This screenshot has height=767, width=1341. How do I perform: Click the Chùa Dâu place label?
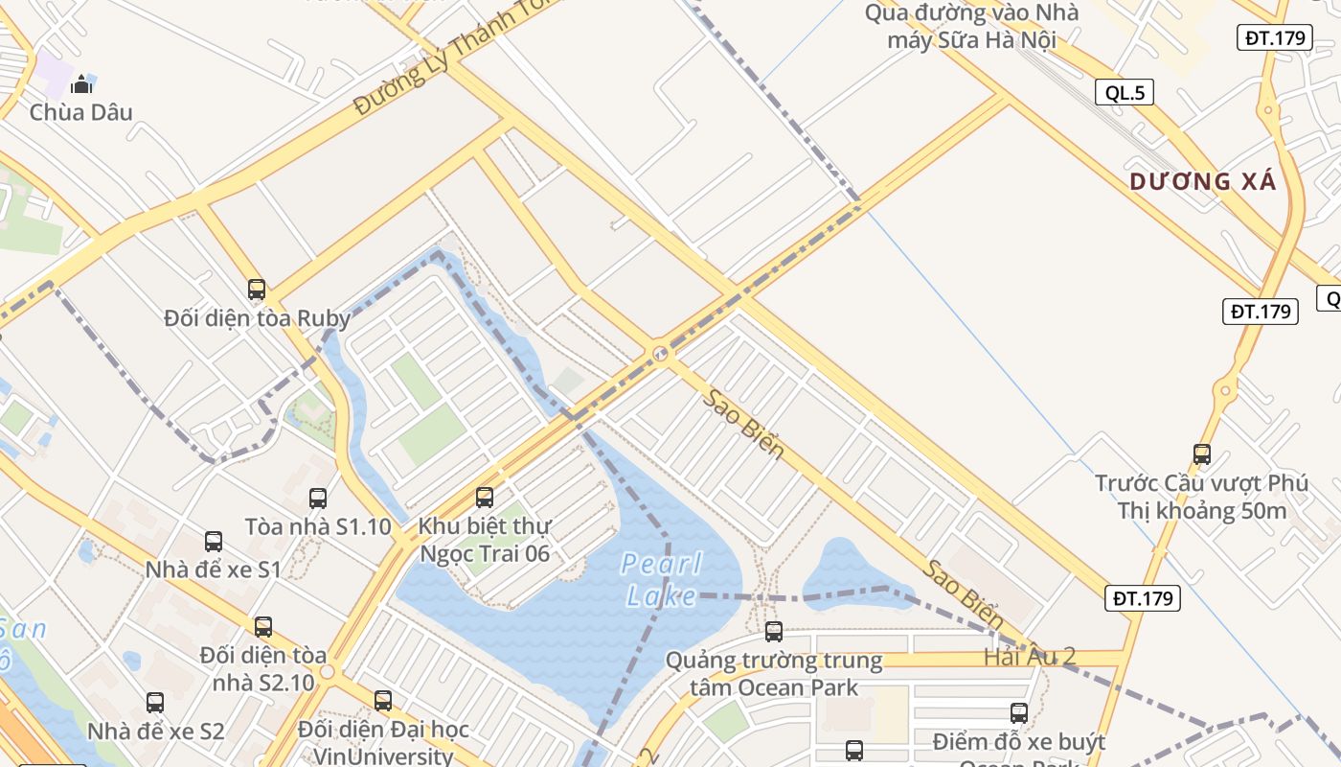[x=81, y=112]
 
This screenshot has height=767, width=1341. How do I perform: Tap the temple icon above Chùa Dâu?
[x=81, y=84]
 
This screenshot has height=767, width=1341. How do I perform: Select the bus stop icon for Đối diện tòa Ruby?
[x=257, y=289]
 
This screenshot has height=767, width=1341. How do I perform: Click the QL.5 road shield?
[x=1125, y=92]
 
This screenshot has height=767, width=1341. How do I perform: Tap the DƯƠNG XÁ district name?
[x=1203, y=181]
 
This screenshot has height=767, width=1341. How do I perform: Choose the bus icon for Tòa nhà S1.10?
[x=318, y=498]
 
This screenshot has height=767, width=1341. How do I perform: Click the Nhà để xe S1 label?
[x=213, y=569]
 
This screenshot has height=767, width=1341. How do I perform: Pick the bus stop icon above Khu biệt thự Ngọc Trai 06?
[x=485, y=497]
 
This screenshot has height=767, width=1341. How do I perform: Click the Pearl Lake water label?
[x=662, y=579]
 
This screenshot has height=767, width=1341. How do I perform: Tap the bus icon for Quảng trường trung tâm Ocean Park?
[x=774, y=632]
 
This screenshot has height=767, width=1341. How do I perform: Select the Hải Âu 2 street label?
[x=1030, y=657]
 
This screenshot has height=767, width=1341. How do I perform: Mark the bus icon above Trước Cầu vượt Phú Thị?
[x=1202, y=453]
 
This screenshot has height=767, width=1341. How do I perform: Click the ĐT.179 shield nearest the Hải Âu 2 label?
[x=1144, y=598]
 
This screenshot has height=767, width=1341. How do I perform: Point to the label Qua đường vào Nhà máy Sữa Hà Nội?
[x=971, y=26]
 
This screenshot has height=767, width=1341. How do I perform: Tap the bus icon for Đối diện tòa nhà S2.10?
[x=263, y=626]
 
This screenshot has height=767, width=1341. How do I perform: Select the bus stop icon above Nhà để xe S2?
[x=155, y=702]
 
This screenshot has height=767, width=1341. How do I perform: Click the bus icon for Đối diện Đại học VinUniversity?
[x=383, y=700]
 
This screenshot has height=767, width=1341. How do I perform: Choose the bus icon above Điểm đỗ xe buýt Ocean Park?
[x=1019, y=712]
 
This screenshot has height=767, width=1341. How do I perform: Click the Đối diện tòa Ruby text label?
[x=257, y=317]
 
